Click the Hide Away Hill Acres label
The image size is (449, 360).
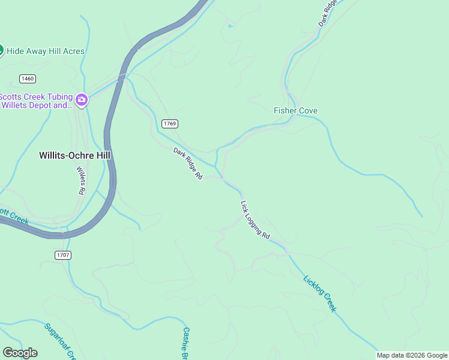coord(46,52)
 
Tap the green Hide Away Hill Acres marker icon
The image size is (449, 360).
coord(1,50)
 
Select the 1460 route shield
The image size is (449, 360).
coord(27,79)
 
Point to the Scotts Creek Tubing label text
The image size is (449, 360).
coord(36,101)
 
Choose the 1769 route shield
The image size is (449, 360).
coord(170,124)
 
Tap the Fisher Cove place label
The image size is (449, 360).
coord(295,110)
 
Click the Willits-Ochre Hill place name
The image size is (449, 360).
coord(75,155)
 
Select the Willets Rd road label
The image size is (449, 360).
coord(81,180)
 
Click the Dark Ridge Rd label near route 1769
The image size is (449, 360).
coord(188,163)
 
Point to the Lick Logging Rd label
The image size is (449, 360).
coord(255,219)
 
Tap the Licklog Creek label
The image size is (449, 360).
coord(320,293)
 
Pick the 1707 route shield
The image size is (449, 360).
coord(63,255)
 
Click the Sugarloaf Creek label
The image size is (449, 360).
coord(59,341)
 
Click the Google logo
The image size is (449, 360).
coord(20,353)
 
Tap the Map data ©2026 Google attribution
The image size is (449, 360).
coord(412,355)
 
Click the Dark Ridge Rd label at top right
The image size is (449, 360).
coord(330,13)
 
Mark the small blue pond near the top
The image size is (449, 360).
coord(231,26)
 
